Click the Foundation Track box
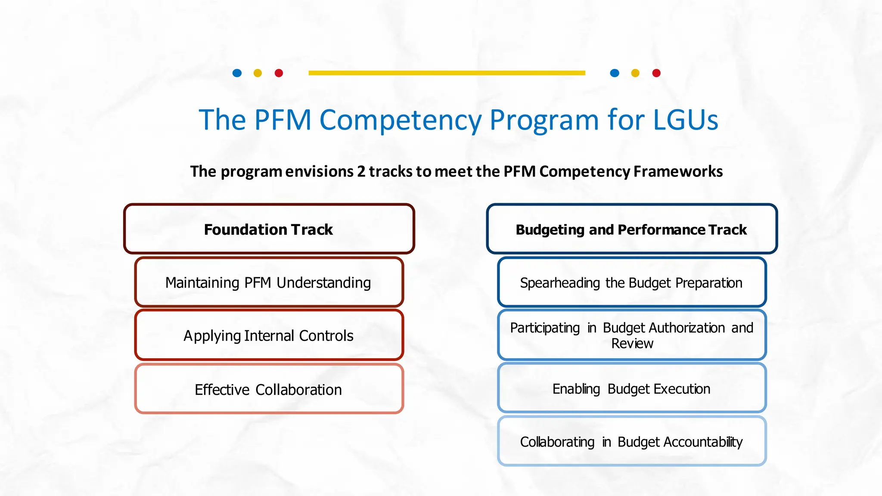[269, 229]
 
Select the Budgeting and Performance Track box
[631, 229]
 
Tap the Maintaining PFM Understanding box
[269, 282]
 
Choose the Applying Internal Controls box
[269, 335]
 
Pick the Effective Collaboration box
[269, 389]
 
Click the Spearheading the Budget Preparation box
[631, 282]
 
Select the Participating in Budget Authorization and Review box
[631, 335]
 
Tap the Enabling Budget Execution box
[631, 388]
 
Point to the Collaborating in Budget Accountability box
[631, 442]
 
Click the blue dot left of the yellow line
[237, 73]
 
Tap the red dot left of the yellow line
[279, 73]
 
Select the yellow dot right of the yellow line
[635, 73]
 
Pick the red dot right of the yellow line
[656, 73]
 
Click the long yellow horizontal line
[447, 73]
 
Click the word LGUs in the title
[686, 120]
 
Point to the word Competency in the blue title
[400, 121]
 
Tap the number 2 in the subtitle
[361, 171]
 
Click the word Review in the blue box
[632, 344]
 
